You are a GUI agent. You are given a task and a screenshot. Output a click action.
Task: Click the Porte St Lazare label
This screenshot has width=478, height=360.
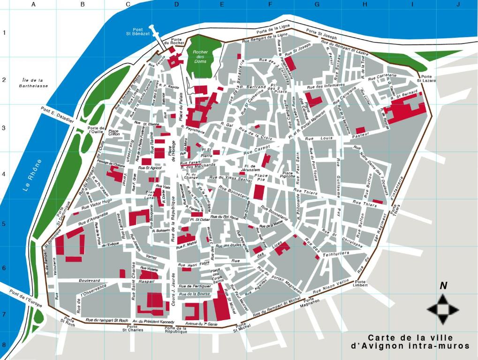[x=426, y=79]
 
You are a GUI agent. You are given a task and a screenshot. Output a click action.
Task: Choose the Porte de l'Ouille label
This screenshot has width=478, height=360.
[x=96, y=130]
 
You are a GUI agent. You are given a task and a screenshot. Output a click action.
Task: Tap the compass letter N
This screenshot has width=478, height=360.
[x=443, y=286]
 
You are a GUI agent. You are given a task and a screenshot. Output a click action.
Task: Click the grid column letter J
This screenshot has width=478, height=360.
[x=458, y=5]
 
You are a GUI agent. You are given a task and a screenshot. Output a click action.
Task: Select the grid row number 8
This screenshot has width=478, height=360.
[x=4, y=344]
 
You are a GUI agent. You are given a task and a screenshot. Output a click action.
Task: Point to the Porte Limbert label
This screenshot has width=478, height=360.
[x=360, y=283]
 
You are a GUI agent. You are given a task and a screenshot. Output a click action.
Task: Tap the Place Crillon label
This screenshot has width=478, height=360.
[x=114, y=133]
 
